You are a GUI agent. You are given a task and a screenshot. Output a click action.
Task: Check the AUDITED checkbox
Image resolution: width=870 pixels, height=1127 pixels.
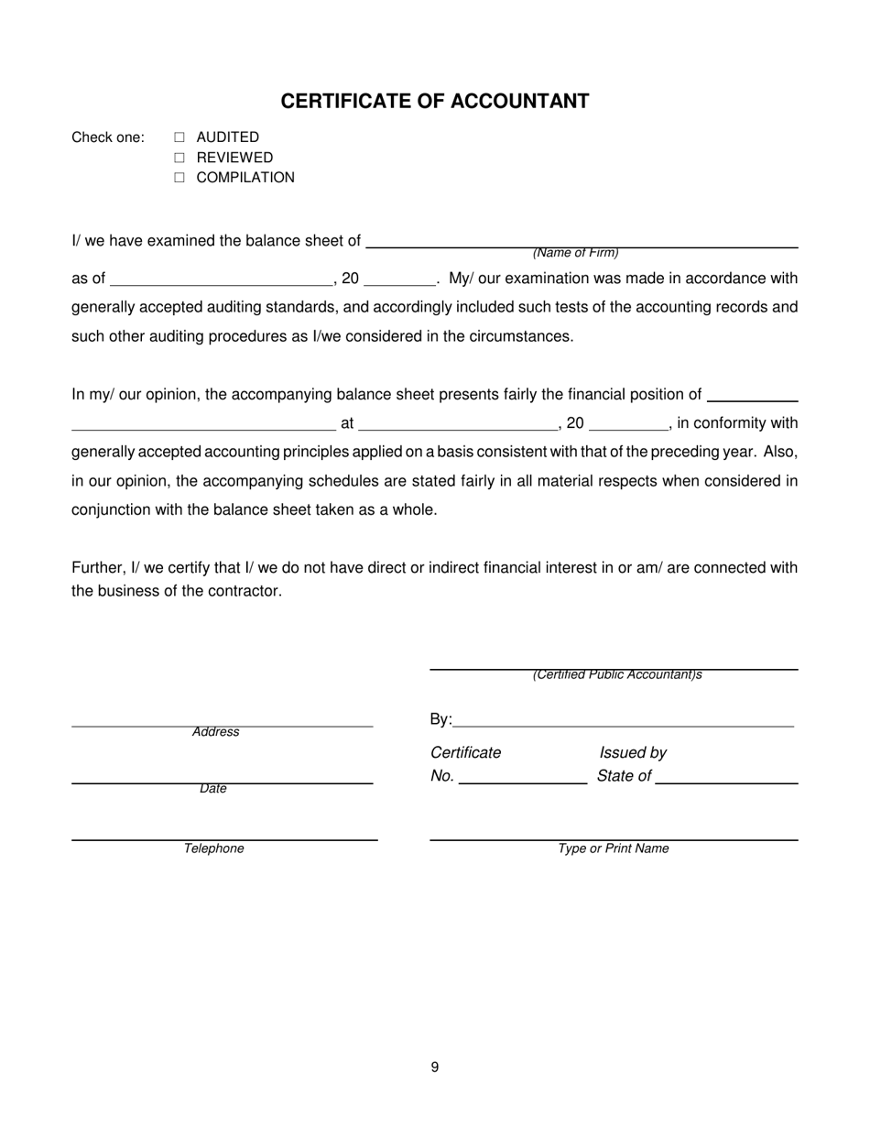click(x=179, y=137)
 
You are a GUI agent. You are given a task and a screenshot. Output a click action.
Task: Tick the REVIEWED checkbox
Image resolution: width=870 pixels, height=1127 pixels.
click(x=179, y=158)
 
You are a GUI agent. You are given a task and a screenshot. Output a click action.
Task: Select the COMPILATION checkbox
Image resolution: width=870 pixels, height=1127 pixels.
click(x=179, y=178)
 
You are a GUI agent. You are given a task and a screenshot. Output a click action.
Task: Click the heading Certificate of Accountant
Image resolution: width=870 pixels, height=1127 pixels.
click(x=434, y=101)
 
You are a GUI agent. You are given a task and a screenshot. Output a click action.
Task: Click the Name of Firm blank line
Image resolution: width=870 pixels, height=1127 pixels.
click(x=582, y=246)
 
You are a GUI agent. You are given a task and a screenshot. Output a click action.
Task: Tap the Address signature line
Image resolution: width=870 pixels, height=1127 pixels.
click(x=222, y=725)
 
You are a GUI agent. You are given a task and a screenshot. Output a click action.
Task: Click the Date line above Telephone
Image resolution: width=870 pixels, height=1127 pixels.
click(x=222, y=782)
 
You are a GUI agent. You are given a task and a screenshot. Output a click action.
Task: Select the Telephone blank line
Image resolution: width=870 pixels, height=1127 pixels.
click(x=224, y=838)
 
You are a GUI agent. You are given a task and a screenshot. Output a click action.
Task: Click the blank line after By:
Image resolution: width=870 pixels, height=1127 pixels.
click(x=623, y=725)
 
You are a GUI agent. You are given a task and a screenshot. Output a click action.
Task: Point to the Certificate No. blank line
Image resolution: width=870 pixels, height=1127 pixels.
click(x=522, y=782)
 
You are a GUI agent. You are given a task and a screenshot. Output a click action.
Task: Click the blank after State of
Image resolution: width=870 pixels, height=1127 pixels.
click(x=726, y=782)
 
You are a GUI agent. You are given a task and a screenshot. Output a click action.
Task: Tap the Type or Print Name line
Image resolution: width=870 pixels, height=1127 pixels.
click(x=614, y=838)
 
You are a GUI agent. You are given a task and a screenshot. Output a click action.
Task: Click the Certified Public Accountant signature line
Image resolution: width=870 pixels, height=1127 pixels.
click(x=614, y=669)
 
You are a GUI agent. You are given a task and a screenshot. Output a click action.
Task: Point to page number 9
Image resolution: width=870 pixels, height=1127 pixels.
click(x=435, y=1067)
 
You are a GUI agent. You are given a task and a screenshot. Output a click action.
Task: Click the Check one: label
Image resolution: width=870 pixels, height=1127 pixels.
click(x=108, y=137)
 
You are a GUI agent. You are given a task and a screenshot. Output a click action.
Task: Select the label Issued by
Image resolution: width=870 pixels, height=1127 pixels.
click(x=633, y=752)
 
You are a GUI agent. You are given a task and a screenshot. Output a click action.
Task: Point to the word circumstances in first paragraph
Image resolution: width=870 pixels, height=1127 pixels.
click(x=520, y=336)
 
